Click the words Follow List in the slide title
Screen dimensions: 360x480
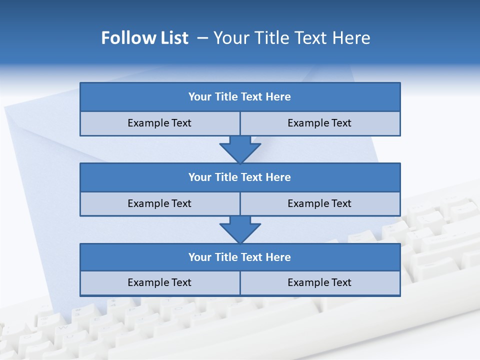144,38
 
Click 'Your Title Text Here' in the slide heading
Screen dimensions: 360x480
292,38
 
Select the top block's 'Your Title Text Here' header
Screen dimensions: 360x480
239,97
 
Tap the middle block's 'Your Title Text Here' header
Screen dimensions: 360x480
239,177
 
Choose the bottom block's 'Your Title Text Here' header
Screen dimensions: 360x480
239,257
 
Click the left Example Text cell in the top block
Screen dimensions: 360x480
159,123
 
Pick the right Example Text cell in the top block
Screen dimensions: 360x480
319,123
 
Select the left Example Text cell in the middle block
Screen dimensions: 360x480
159,203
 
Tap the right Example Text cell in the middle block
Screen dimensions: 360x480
319,203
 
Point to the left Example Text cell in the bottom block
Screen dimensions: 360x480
159,282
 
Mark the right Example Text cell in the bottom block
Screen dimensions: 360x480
319,282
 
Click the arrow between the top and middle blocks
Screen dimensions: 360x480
240,149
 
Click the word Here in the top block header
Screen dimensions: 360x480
278,97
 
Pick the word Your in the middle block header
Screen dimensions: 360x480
199,177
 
